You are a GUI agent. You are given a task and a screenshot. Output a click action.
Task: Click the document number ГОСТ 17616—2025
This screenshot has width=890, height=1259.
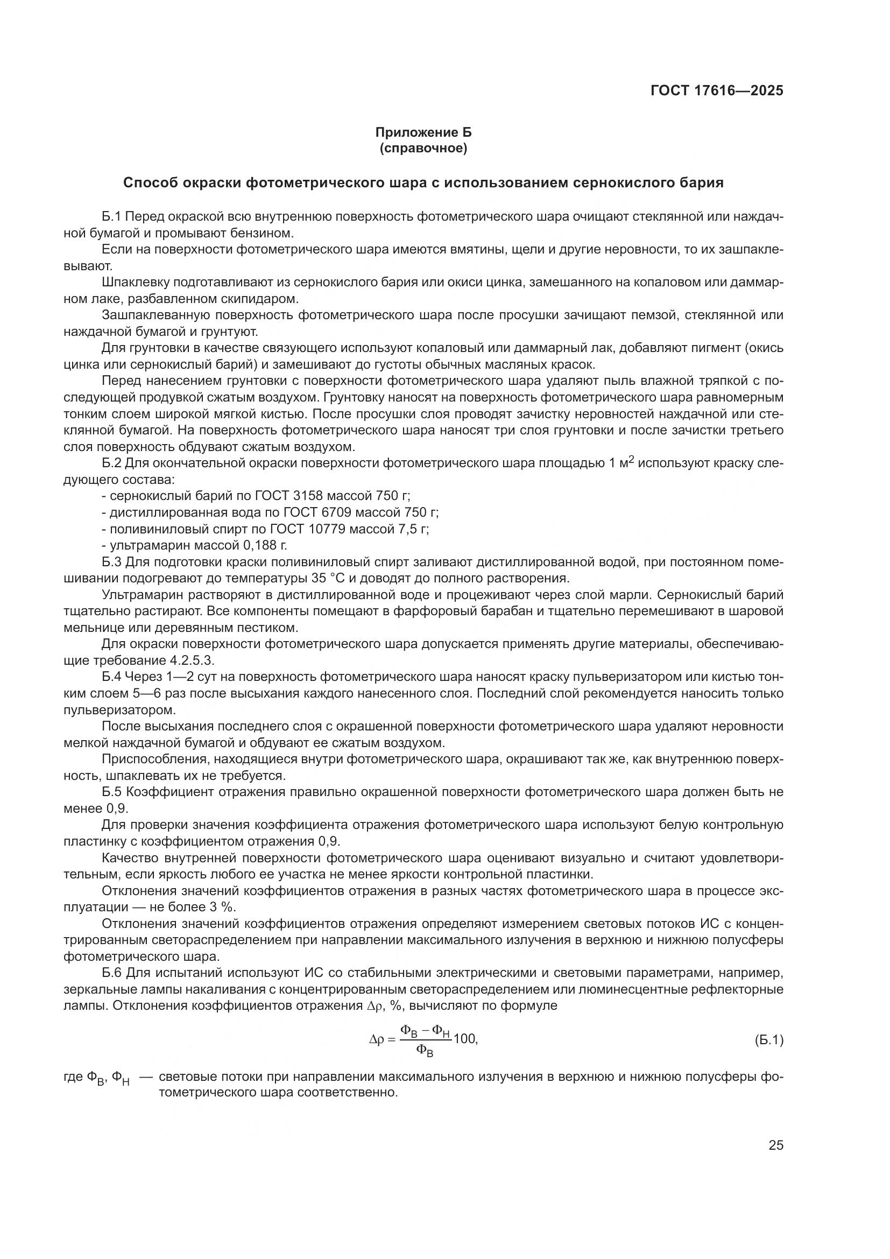(x=716, y=90)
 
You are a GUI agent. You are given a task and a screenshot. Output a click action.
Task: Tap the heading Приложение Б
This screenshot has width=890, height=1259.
(x=423, y=132)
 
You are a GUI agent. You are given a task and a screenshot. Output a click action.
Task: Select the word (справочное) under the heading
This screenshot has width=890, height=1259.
(x=423, y=148)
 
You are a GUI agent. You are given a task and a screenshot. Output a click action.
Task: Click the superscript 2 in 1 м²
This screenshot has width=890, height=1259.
(x=631, y=460)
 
